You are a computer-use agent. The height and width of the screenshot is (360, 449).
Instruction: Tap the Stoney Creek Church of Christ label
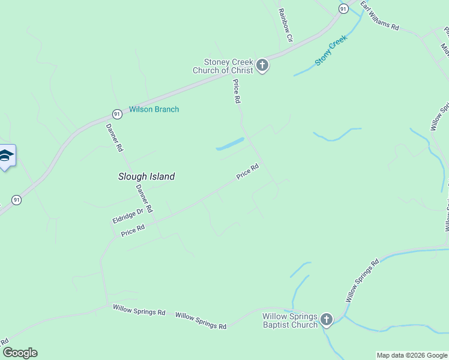pyautogui.click(x=228, y=66)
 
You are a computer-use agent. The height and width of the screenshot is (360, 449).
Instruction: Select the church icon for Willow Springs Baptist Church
pyautogui.click(x=326, y=320)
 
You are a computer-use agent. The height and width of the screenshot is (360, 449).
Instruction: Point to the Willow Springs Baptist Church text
pyautogui.click(x=289, y=320)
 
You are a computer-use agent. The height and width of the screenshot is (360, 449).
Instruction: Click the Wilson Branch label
pyautogui.click(x=154, y=110)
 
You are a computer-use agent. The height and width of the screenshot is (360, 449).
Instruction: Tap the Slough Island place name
pyautogui.click(x=146, y=176)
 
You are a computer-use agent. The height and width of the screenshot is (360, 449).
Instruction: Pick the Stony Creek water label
pyautogui.click(x=331, y=54)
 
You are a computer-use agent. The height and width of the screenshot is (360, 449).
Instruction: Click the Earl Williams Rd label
pyautogui.click(x=379, y=16)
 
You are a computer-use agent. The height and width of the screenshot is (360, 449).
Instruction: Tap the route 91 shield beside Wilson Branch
pyautogui.click(x=117, y=113)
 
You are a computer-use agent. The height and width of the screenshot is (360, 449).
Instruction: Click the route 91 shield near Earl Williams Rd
pyautogui.click(x=343, y=8)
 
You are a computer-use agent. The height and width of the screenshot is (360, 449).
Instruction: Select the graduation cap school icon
pyautogui.click(x=6, y=156)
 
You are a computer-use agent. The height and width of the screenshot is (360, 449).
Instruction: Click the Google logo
pyautogui.click(x=20, y=353)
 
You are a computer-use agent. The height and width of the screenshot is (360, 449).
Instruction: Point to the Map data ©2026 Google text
pyautogui.click(x=412, y=355)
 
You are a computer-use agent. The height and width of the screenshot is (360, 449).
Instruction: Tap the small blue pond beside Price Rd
pyautogui.click(x=230, y=145)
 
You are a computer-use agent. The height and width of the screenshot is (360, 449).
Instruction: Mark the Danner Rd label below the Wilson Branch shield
pyautogui.click(x=114, y=137)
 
